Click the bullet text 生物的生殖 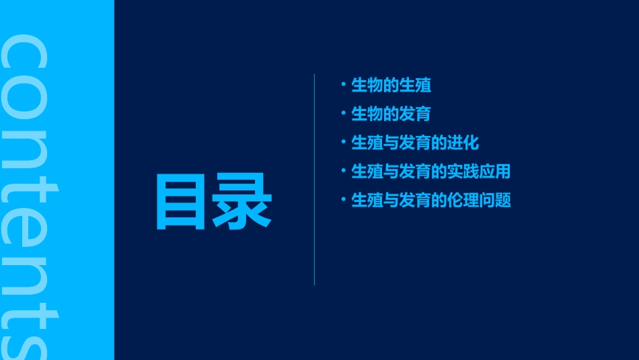pos(391,85)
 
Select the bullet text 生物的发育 pos(391,114)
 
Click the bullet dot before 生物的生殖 pos(344,85)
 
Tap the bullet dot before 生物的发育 pos(344,113)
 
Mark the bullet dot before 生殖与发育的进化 pos(344,142)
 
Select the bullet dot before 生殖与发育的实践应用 pos(344,170)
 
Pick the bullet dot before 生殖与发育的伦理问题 pos(344,199)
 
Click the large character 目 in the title pos(180,202)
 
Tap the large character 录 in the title pos(242,202)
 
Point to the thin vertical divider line pos(315,180)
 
